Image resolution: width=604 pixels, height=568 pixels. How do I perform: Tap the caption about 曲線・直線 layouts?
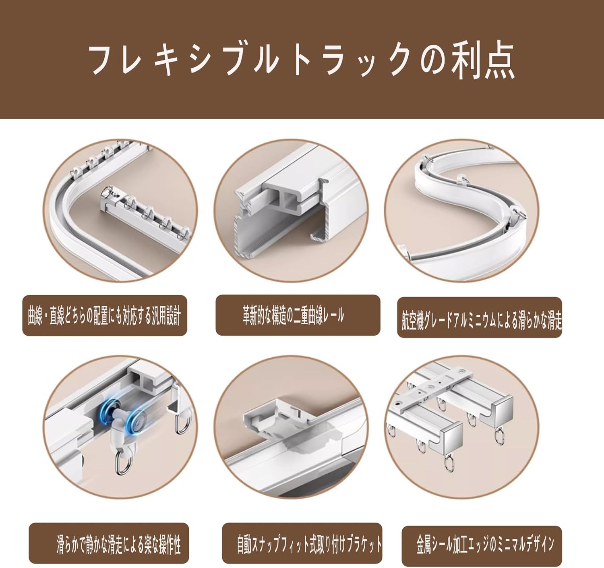coord(104,316)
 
